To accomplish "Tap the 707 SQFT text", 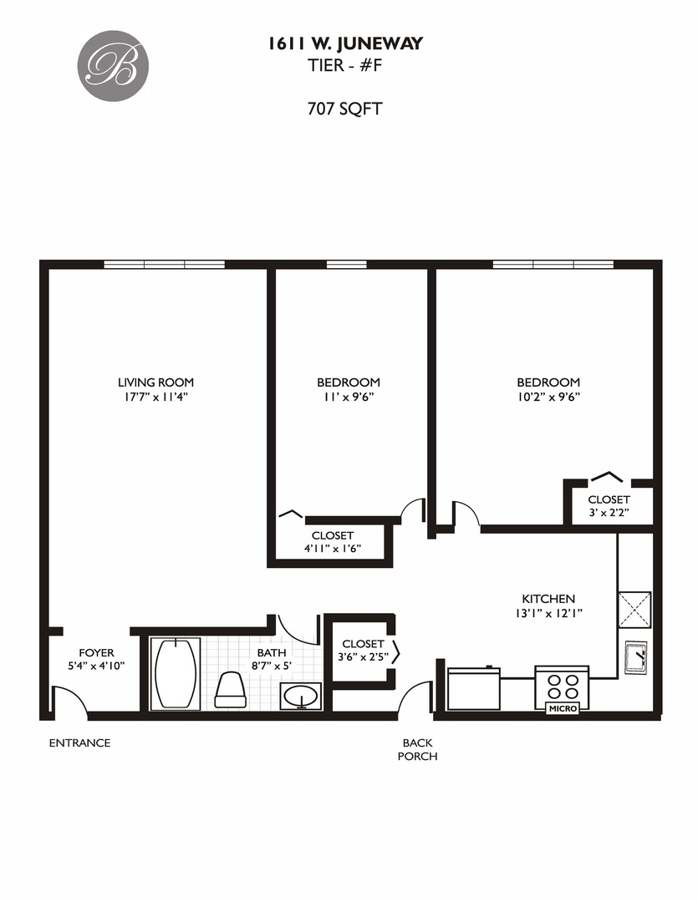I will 344,108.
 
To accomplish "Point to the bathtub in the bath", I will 176,673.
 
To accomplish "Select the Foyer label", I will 96,652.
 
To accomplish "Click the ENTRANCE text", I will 79,742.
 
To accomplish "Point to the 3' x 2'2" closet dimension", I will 608,512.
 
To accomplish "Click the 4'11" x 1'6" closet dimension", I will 332,549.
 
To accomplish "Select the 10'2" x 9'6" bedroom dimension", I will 548,397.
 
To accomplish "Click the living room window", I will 165,265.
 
